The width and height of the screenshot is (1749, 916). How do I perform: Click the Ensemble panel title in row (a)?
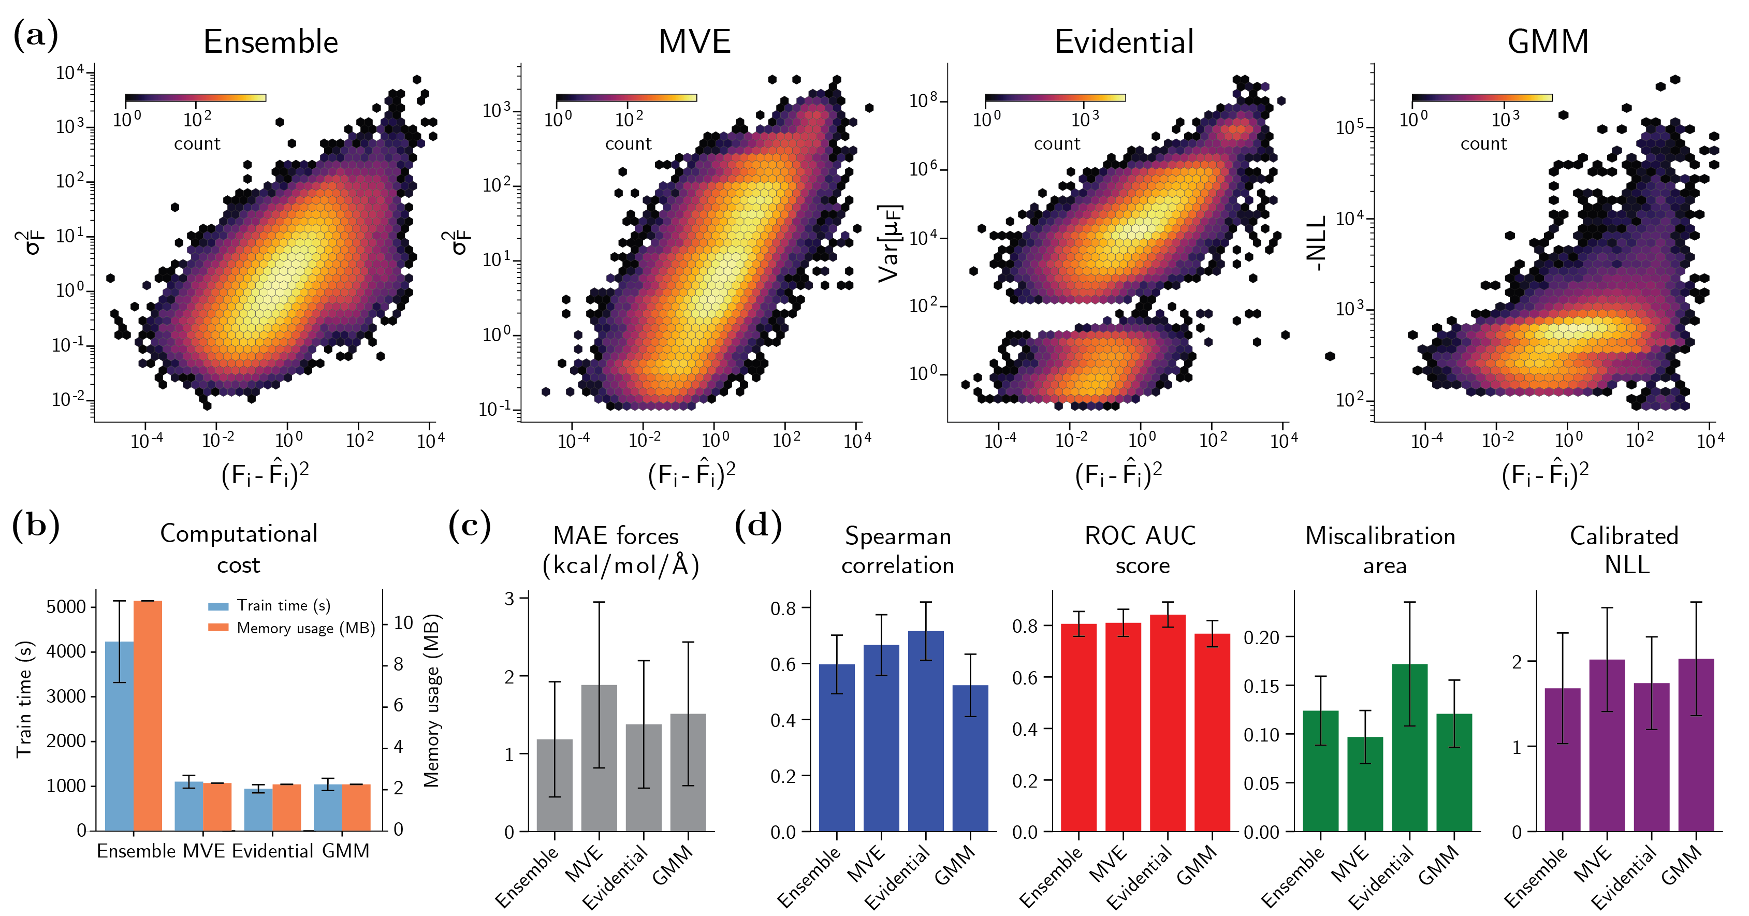pos(270,42)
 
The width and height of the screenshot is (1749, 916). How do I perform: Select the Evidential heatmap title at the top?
pos(1124,42)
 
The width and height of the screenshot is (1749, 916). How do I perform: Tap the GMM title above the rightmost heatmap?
pos(1548,42)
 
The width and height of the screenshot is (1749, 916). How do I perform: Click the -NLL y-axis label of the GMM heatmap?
pos(1317,243)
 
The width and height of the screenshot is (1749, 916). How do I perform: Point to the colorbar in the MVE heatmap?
pos(626,98)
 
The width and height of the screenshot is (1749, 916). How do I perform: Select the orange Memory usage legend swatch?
pos(218,628)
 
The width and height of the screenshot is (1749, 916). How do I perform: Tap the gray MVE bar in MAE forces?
pos(599,757)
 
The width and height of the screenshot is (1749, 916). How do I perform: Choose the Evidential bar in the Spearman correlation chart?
pos(925,731)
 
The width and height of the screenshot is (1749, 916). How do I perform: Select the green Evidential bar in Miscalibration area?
pos(1409,747)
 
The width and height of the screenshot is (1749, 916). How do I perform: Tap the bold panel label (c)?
pos(469,526)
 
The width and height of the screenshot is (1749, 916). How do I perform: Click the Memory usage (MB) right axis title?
pos(432,700)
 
